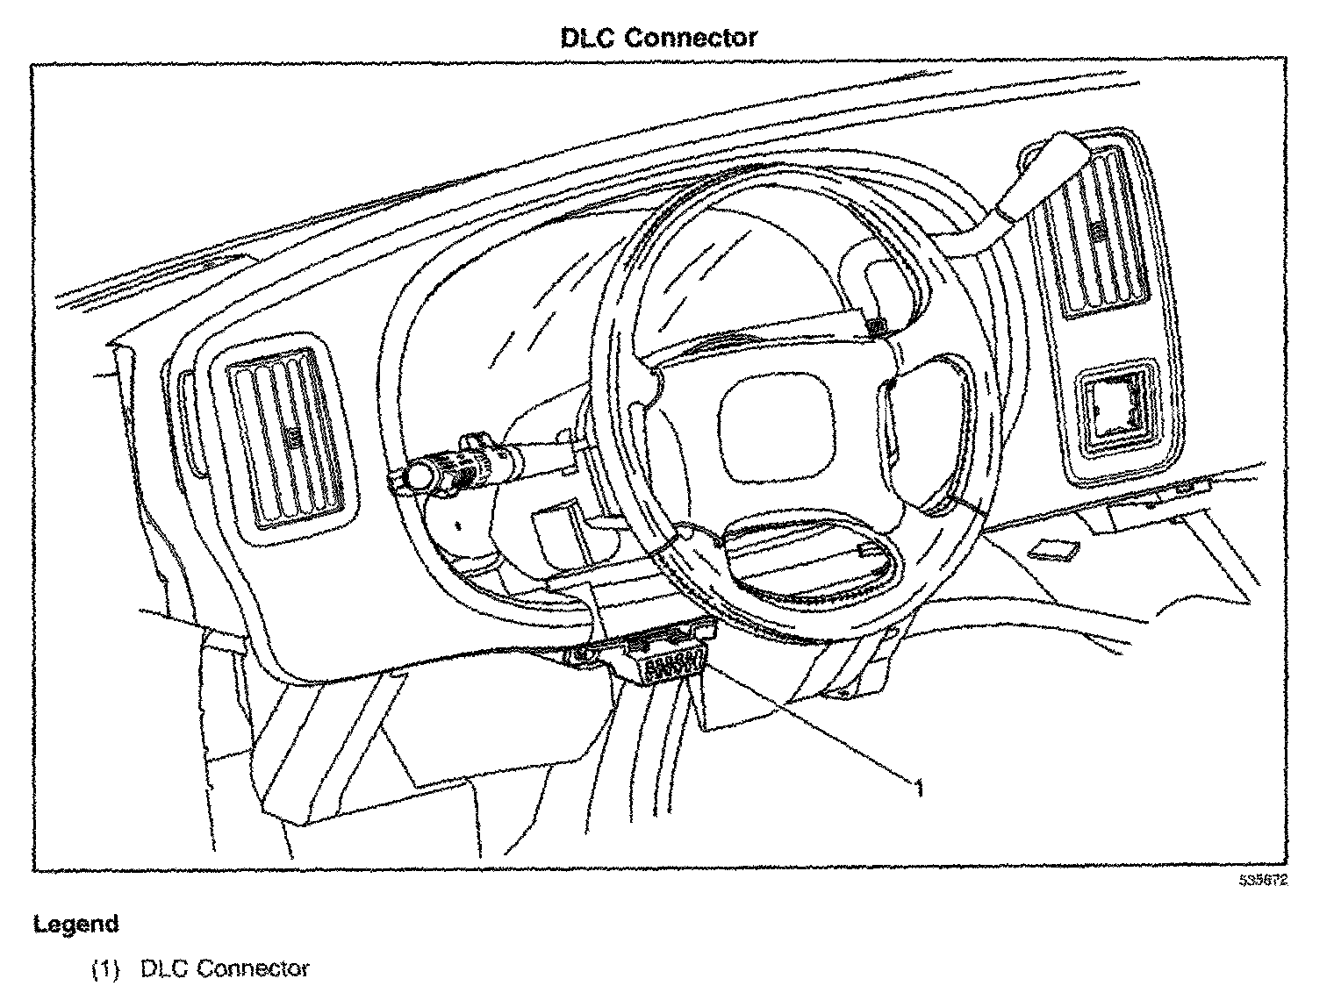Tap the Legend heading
coord(75,924)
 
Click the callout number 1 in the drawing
coord(919,790)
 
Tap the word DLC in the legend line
coord(160,968)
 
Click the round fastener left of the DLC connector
coord(583,654)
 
